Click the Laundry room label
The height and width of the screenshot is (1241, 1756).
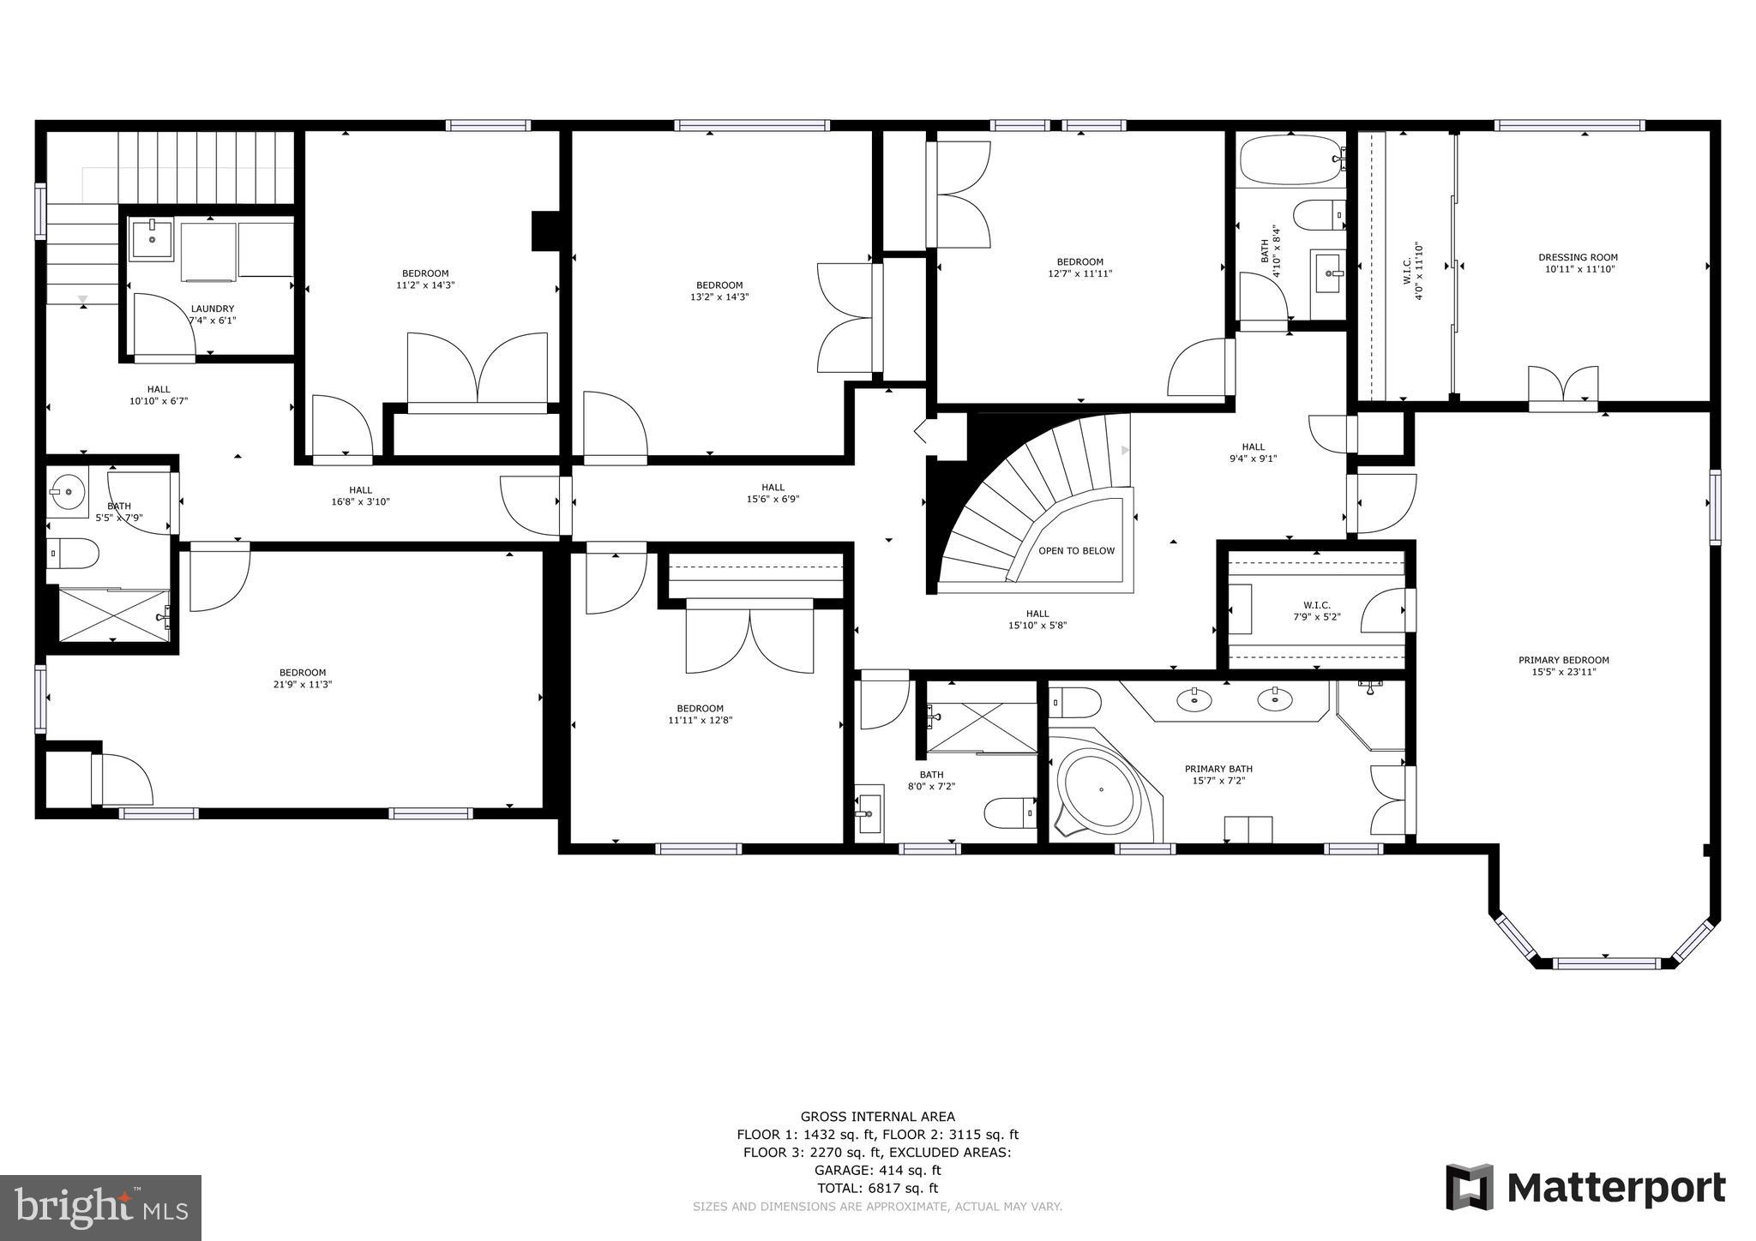(x=213, y=309)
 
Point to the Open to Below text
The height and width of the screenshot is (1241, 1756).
(x=1076, y=551)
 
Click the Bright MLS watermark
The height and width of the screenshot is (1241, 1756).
(x=100, y=1207)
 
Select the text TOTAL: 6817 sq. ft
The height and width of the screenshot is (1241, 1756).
(x=877, y=1188)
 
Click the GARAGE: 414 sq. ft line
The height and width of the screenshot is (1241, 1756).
(x=877, y=1170)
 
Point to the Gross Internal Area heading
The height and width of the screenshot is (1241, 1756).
(x=877, y=1117)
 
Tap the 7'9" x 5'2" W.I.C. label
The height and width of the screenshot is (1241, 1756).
(x=1316, y=610)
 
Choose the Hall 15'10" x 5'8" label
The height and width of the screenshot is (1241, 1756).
(x=1037, y=619)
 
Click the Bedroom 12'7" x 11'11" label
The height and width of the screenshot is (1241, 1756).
(x=1079, y=267)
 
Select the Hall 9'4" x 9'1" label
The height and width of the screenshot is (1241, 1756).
(x=1253, y=452)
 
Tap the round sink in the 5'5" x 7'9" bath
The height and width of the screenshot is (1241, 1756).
(x=67, y=493)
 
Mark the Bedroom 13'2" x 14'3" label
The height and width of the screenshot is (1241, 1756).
(x=719, y=291)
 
